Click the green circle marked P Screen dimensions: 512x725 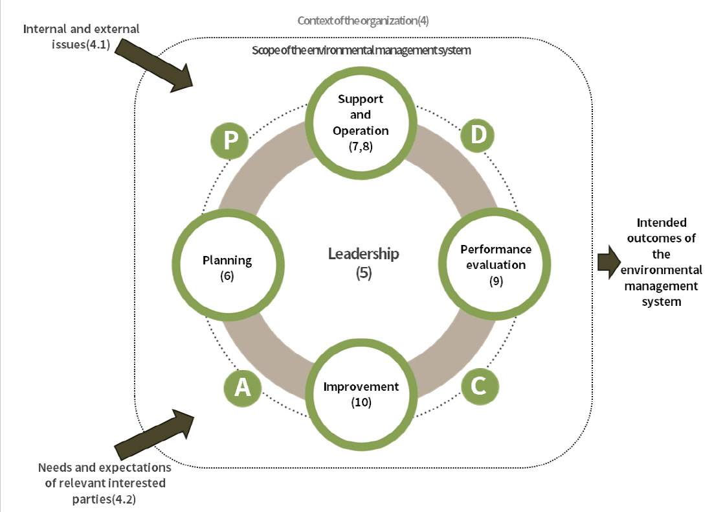point(230,141)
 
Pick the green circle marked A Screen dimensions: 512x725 point(242,387)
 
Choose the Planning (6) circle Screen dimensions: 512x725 point(227,266)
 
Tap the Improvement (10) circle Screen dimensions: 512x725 point(361,393)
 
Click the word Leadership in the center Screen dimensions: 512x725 point(363,253)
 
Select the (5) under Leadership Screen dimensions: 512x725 point(364,273)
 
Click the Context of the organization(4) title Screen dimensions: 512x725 point(363,21)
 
